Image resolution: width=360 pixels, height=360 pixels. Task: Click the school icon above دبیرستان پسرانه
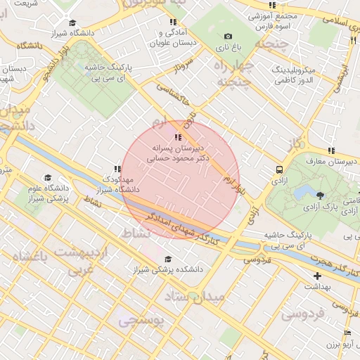coord(178,138)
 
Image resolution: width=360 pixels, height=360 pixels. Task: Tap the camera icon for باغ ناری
coord(227,37)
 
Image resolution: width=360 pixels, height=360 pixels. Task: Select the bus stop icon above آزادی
coord(280,169)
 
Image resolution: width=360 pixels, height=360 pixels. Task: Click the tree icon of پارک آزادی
coord(321,195)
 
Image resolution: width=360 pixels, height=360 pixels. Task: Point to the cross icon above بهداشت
coord(317,276)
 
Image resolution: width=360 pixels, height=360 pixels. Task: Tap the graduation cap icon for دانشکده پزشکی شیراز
coord(166,259)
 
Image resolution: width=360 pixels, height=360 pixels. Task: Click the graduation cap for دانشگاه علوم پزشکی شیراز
coord(48,178)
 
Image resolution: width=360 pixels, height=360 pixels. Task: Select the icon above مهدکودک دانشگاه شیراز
coord(117,169)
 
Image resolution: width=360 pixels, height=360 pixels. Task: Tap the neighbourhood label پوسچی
coord(140,321)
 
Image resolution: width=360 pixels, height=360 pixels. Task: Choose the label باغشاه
coord(29,257)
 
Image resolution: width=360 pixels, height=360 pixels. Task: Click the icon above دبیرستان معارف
coord(330,150)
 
